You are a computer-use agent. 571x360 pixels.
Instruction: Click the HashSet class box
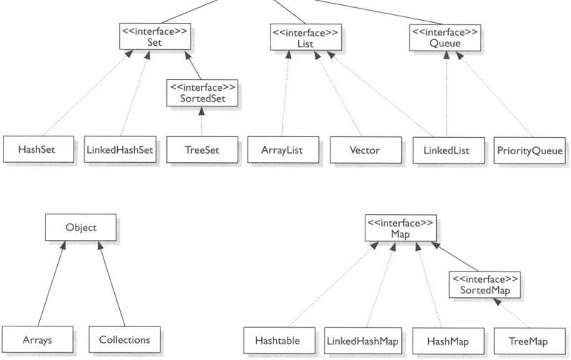[38, 151]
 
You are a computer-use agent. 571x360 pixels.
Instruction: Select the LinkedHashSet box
[120, 151]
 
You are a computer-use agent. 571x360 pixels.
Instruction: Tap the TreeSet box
[202, 151]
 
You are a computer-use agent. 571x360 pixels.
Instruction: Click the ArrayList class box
[283, 151]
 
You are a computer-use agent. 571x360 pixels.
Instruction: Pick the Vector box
[365, 151]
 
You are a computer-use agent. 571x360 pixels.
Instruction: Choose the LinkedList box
[448, 151]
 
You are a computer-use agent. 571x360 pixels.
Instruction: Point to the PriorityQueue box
[530, 151]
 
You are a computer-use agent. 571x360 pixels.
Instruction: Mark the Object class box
[80, 229]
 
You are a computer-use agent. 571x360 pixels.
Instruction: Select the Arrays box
[38, 339]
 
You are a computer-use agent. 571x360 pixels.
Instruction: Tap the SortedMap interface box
[485, 284]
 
